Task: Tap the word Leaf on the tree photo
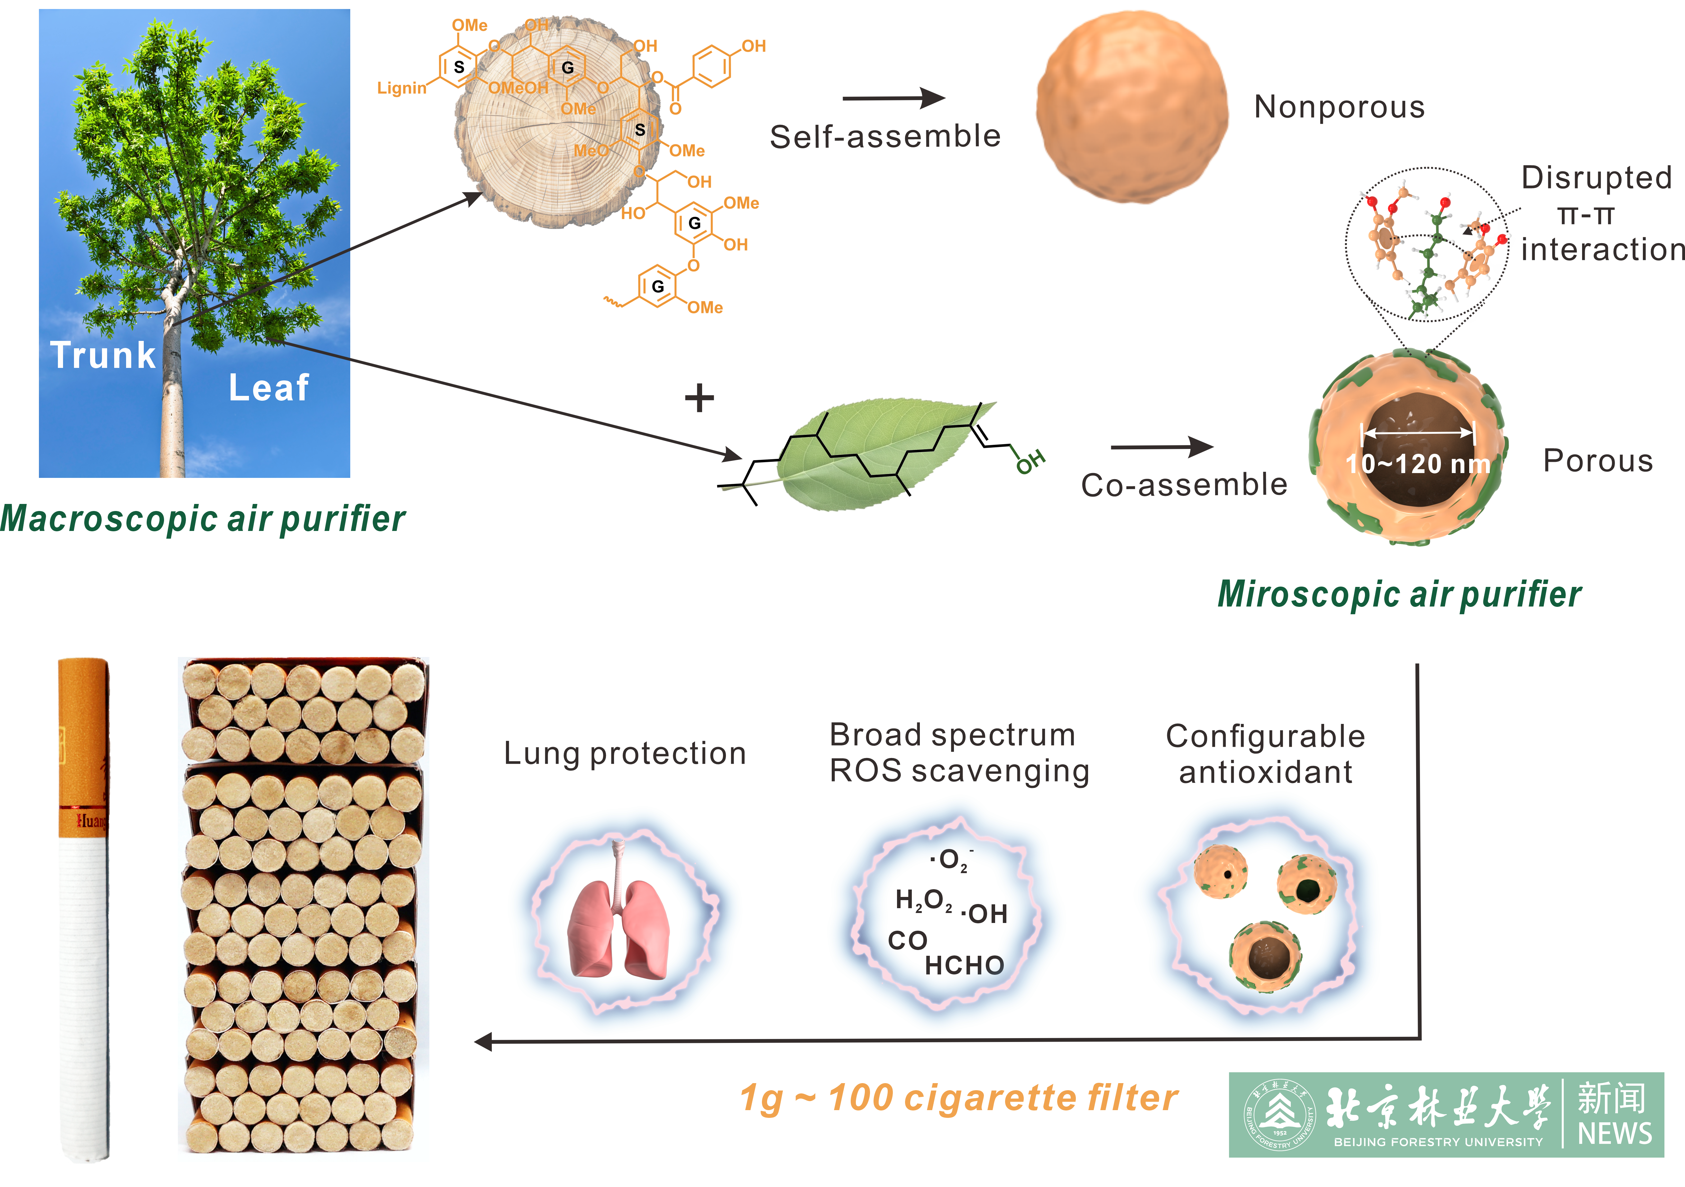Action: (269, 387)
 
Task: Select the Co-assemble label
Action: (1184, 485)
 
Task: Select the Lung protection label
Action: (625, 753)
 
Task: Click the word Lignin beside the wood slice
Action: (401, 88)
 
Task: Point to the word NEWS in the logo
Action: (1615, 1133)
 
